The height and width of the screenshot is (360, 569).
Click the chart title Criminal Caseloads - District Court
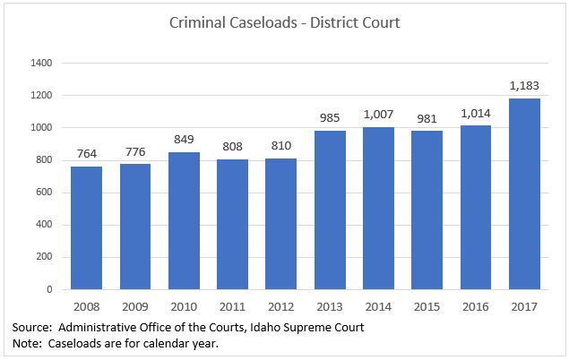(284, 22)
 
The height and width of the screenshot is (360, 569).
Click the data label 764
(86, 155)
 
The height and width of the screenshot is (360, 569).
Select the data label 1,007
(378, 116)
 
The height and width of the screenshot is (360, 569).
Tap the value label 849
(184, 141)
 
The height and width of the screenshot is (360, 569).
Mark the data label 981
(427, 120)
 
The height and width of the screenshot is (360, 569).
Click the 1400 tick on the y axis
(41, 64)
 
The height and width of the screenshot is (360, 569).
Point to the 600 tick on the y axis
(44, 193)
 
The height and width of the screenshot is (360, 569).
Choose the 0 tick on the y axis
(49, 289)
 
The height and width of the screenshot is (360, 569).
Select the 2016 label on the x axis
(476, 306)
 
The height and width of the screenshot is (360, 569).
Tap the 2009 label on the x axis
(135, 306)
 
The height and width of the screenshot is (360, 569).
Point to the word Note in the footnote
(25, 344)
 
